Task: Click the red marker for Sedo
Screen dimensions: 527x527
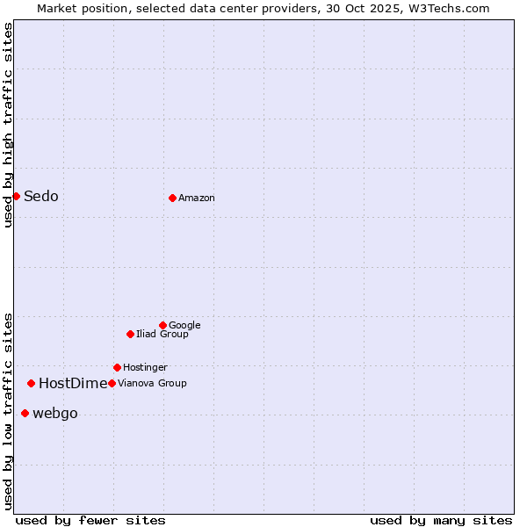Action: point(16,196)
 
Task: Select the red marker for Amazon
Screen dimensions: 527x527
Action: point(172,198)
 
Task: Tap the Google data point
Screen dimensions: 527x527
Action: point(162,325)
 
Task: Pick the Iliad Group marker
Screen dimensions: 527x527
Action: point(130,334)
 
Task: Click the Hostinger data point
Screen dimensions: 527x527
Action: point(117,367)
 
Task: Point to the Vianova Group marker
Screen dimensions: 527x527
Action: point(112,383)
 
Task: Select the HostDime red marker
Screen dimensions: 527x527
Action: point(31,383)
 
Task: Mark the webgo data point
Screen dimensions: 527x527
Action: point(25,413)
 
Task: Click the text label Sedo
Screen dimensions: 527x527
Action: point(41,196)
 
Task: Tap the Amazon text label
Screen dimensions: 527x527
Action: point(197,198)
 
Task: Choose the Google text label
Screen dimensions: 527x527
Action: point(184,325)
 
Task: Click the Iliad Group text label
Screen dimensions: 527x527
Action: point(162,334)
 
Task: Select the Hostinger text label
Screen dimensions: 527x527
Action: point(145,367)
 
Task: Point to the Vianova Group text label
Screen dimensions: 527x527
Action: point(152,383)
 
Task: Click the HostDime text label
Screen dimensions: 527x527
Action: point(73,383)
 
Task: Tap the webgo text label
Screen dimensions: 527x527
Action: point(55,413)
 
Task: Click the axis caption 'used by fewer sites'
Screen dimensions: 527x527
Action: point(90,520)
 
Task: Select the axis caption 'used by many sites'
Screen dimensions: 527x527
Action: point(441,520)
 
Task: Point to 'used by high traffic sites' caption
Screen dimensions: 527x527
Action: point(8,125)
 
